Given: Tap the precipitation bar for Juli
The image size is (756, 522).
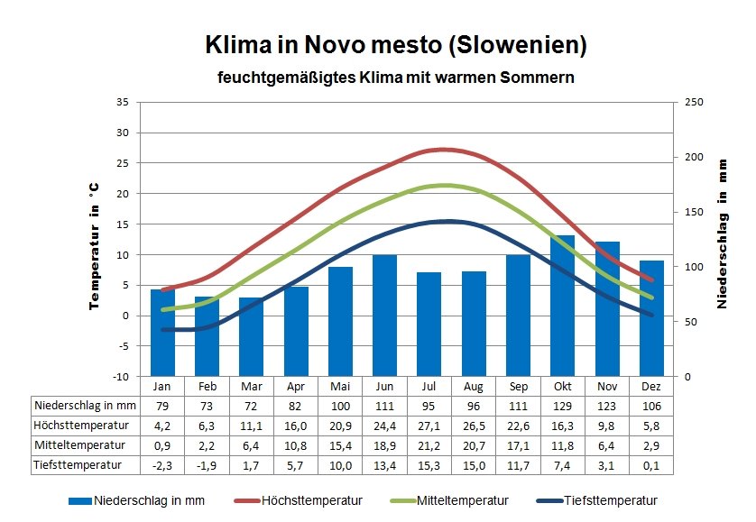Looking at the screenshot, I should pyautogui.click(x=429, y=324).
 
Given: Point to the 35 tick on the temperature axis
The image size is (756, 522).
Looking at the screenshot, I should pyautogui.click(x=123, y=102).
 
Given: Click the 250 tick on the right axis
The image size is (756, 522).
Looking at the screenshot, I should pyautogui.click(x=694, y=102).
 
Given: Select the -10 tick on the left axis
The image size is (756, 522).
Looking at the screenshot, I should pyautogui.click(x=121, y=376).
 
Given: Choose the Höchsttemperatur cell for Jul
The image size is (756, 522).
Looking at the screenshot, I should pyautogui.click(x=429, y=425).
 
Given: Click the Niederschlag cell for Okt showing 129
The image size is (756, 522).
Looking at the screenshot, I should pyautogui.click(x=563, y=405).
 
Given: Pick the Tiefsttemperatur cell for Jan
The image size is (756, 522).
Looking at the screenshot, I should pyautogui.click(x=162, y=464).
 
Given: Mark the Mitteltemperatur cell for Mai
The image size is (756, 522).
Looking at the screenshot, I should pyautogui.click(x=340, y=444).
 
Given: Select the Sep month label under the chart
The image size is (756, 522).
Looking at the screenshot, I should pyautogui.click(x=518, y=386).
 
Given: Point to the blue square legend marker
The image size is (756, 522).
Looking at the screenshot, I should pyautogui.click(x=80, y=500).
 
